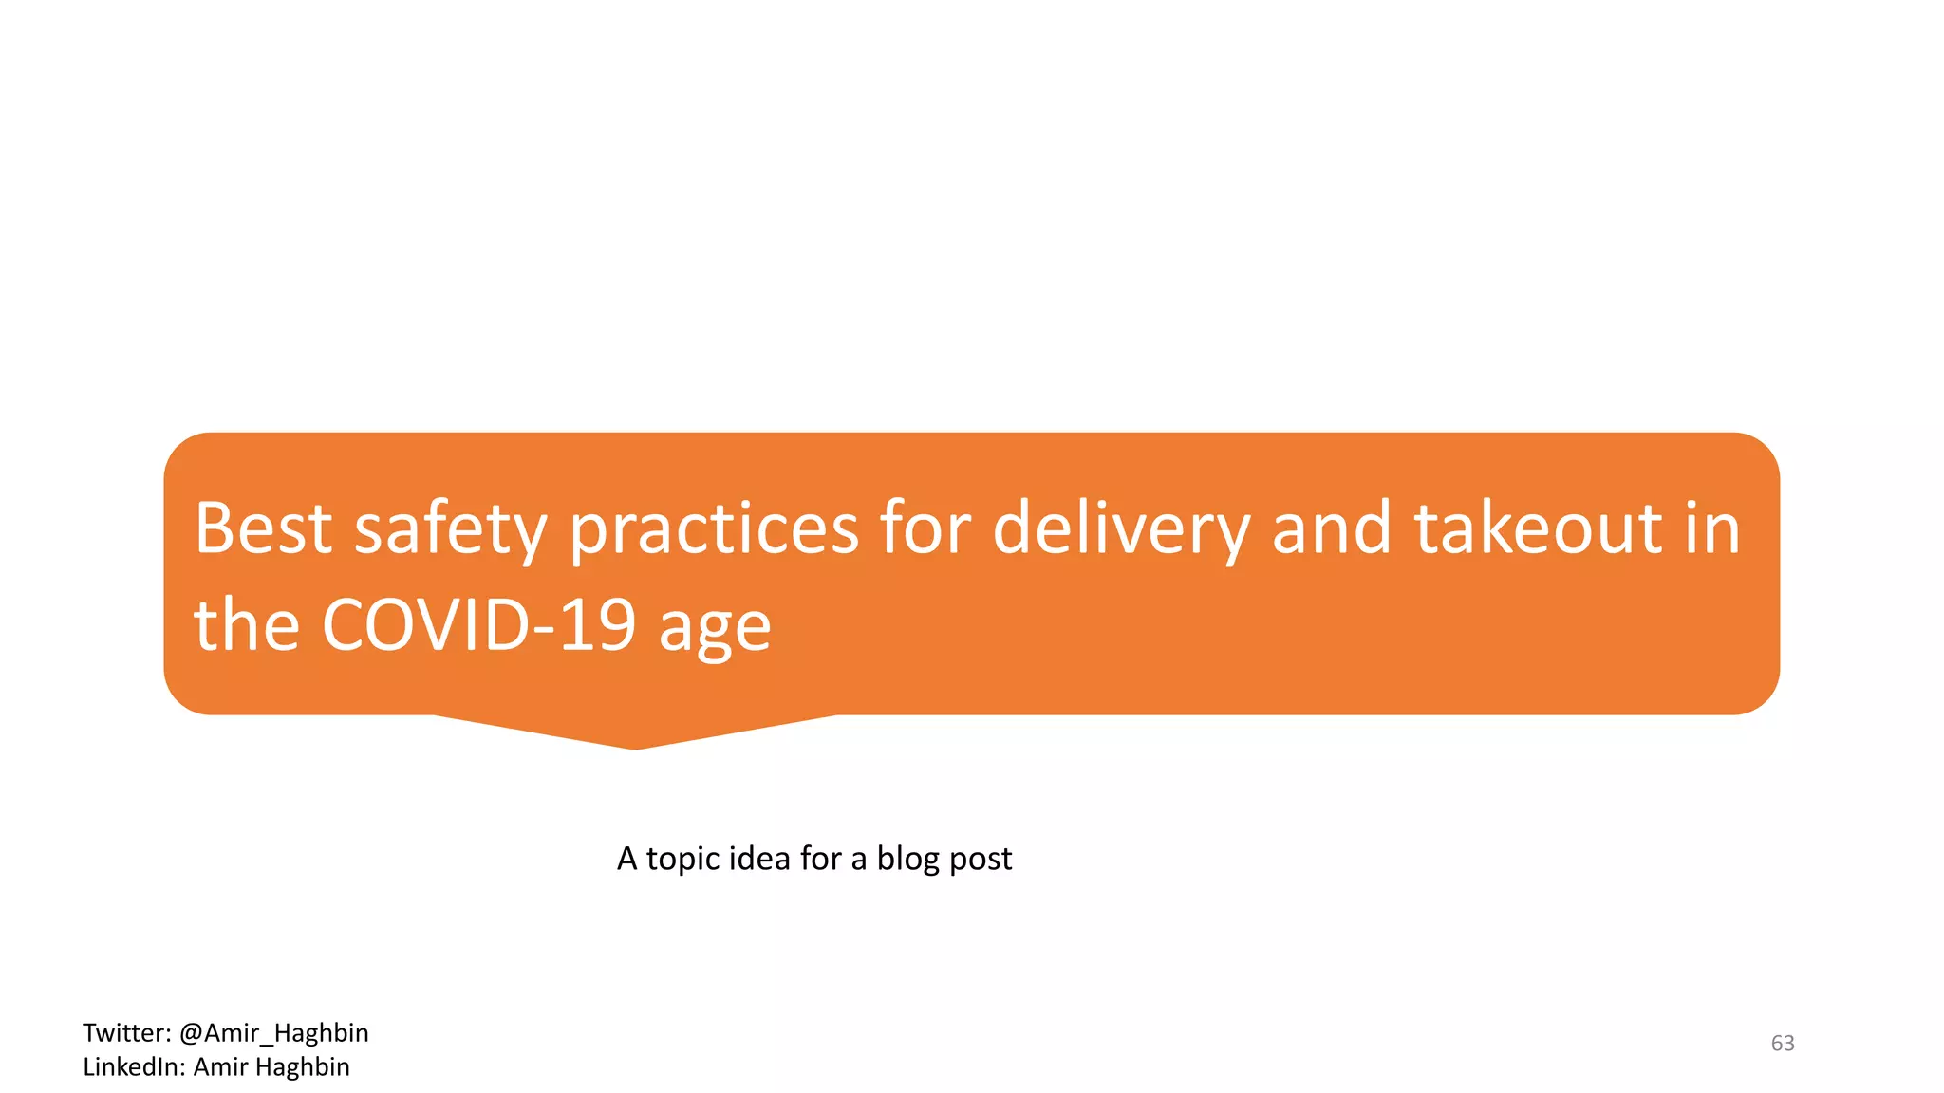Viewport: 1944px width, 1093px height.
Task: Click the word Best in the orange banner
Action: coord(263,528)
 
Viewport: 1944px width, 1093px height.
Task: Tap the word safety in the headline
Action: coord(450,529)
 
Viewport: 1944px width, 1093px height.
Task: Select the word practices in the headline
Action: coord(714,529)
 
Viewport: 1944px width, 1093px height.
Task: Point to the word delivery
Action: coord(1120,529)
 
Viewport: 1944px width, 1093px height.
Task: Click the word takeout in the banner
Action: coord(1538,528)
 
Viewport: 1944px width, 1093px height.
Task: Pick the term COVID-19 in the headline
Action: coord(478,625)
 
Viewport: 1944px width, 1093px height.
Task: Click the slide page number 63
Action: coord(1783,1043)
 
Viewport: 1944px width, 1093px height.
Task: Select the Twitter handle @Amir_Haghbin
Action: coord(273,1032)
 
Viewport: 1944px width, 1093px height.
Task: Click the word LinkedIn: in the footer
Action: coord(133,1066)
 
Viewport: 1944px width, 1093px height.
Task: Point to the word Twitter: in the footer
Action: coord(126,1032)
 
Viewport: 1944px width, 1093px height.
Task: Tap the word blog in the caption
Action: coord(907,859)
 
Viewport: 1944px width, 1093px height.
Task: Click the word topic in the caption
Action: coord(686,859)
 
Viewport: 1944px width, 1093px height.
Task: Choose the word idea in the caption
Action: coord(763,858)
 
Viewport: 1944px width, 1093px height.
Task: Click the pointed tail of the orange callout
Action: coord(634,735)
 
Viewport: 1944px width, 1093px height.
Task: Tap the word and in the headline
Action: coord(1332,528)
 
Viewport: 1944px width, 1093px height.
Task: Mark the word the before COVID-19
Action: coord(247,625)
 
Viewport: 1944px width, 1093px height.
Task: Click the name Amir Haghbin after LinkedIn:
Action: coord(271,1066)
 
